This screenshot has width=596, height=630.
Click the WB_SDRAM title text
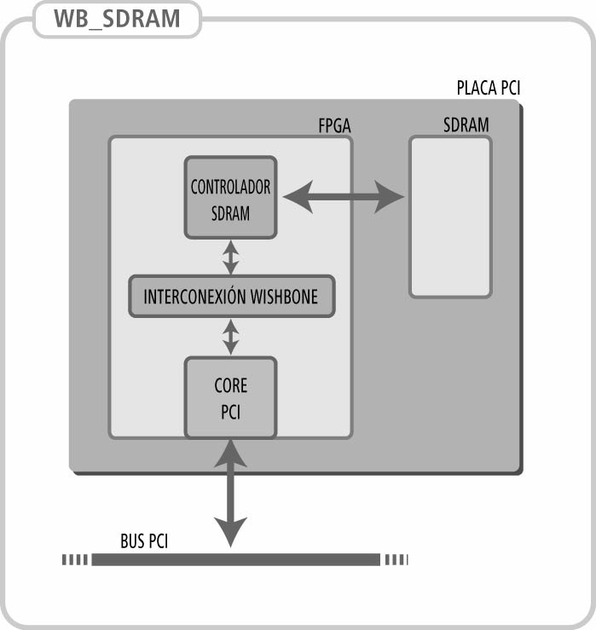[118, 19]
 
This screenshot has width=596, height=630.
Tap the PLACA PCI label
[489, 89]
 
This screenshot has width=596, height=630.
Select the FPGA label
[333, 127]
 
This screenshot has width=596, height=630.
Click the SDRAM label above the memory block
[466, 125]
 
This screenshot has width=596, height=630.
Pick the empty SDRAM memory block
[450, 217]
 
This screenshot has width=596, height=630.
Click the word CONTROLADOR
[230, 187]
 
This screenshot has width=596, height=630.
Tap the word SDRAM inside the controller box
[230, 213]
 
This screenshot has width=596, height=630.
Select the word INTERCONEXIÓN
[195, 297]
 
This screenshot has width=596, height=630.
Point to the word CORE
[230, 386]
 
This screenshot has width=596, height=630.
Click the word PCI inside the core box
[230, 413]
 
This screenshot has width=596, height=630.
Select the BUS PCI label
[144, 541]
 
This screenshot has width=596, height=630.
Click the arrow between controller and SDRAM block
[343, 198]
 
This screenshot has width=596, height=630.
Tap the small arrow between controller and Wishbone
[230, 256]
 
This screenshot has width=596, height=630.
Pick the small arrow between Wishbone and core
[230, 337]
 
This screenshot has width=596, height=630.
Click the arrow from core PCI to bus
[230, 494]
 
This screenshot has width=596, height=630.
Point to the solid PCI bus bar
[235, 559]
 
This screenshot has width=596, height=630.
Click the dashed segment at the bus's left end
[75, 559]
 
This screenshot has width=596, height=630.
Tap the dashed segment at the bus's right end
[396, 559]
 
